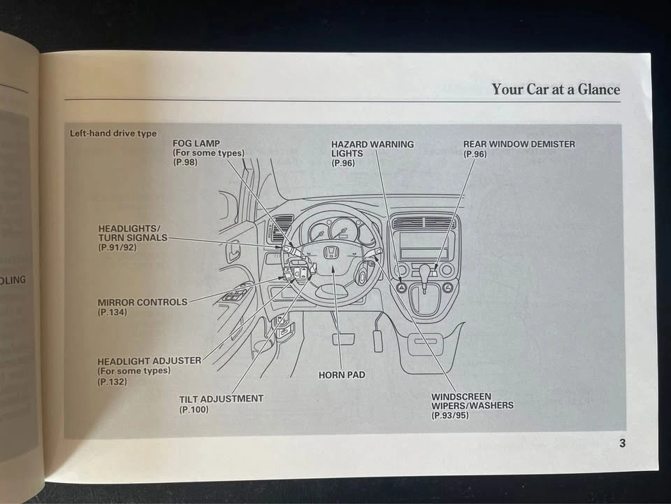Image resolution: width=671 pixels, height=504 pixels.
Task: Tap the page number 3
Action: click(622, 443)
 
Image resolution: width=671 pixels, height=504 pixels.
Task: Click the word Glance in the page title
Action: click(599, 89)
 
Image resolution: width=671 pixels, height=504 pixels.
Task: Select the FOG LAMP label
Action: click(196, 143)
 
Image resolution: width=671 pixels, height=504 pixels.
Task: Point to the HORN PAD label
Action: click(342, 375)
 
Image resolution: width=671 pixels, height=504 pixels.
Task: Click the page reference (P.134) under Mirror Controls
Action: click(113, 312)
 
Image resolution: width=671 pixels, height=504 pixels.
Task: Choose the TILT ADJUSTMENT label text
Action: click(222, 399)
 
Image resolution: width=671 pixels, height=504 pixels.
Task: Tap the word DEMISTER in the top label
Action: click(554, 144)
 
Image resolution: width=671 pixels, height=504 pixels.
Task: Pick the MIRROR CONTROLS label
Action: click(143, 302)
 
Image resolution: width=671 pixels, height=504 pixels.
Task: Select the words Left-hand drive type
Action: click(113, 133)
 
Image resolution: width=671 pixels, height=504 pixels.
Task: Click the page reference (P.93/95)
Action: click(449, 415)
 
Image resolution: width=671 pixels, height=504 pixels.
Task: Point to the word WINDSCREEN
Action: click(461, 396)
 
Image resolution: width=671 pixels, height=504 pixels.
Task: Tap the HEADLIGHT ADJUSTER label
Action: click(150, 361)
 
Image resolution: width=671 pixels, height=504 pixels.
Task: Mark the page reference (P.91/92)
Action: click(117, 248)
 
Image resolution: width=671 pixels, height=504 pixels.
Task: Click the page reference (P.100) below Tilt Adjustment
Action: click(194, 409)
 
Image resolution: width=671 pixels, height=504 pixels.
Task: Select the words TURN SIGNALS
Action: click(133, 238)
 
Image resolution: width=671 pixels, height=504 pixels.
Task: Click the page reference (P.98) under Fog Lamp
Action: click(185, 162)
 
